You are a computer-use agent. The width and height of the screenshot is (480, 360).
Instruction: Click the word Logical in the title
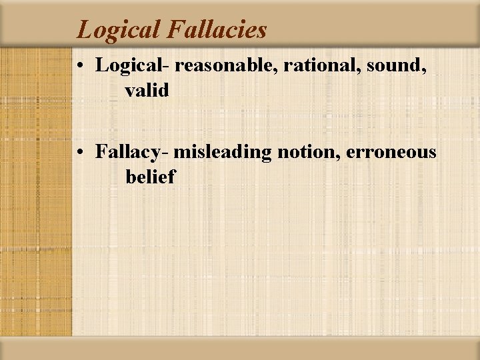(x=117, y=30)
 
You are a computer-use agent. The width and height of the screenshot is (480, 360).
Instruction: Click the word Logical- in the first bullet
(x=133, y=65)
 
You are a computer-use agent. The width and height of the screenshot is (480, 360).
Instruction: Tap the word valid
(x=147, y=90)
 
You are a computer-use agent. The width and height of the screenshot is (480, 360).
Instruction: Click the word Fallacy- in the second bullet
(x=133, y=153)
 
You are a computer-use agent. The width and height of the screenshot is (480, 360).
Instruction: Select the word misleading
(x=223, y=153)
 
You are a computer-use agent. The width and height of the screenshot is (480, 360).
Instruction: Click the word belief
(x=150, y=177)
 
